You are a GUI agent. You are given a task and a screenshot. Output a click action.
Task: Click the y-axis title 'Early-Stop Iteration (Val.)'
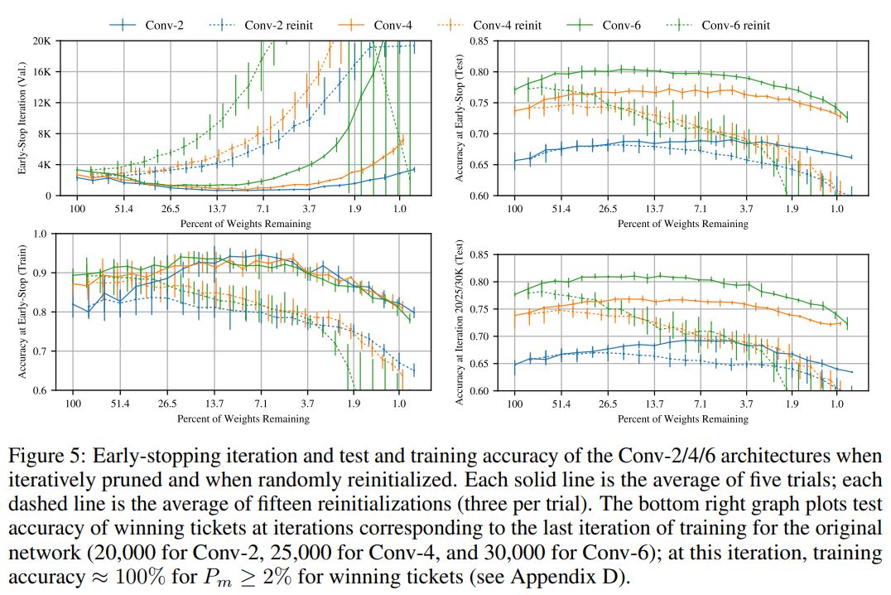point(25,118)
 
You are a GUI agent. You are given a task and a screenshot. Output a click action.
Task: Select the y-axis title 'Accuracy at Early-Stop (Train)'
point(25,312)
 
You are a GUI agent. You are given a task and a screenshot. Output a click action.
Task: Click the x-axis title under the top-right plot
point(682,223)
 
